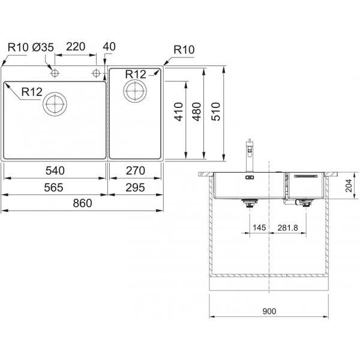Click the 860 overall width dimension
pyautogui.click(x=82, y=203)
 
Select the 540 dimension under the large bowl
pyautogui.click(x=55, y=170)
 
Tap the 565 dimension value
pyautogui.click(x=53, y=188)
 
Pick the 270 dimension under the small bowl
pyautogui.click(x=136, y=170)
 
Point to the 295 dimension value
pyautogui.click(x=135, y=188)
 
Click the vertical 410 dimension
pyautogui.click(x=179, y=112)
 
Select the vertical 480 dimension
pyautogui.click(x=197, y=112)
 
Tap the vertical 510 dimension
pyautogui.click(x=216, y=112)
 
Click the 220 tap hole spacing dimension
pyautogui.click(x=76, y=47)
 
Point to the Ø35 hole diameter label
pyautogui.click(x=43, y=47)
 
